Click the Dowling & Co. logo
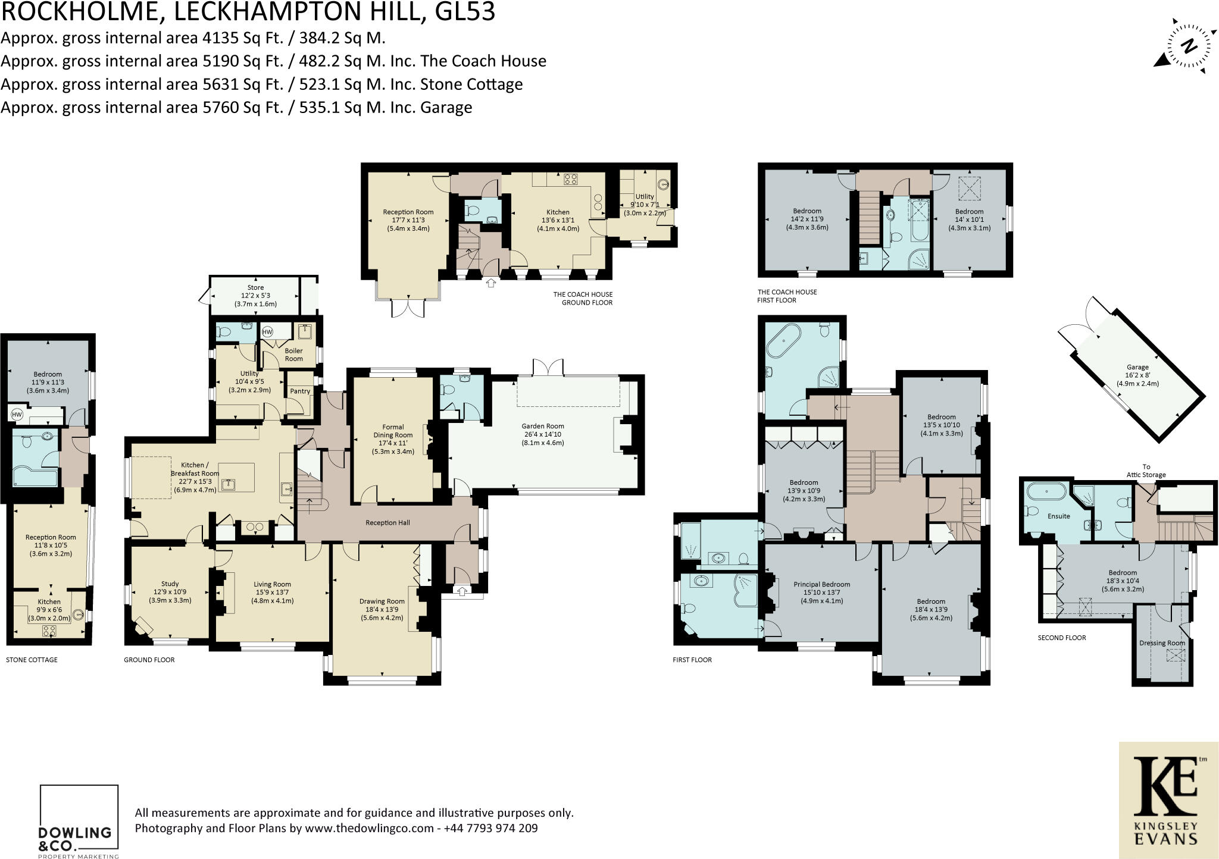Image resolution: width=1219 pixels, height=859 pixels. pos(78,822)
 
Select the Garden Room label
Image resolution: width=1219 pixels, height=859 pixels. pos(542,426)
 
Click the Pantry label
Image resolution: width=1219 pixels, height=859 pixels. pos(300,391)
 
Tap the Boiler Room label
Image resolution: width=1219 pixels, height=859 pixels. pos(293,355)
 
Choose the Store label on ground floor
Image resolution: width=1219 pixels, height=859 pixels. pos(255,288)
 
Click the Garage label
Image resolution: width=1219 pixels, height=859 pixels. pos(1137,367)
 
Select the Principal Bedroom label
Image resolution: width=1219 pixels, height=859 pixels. pos(821,584)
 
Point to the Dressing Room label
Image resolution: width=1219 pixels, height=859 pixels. pos(1162,643)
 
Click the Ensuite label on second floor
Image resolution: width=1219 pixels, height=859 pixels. pos(1058,516)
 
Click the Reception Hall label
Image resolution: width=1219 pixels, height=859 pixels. pos(387,522)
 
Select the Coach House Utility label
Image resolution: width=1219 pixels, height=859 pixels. pos(644,196)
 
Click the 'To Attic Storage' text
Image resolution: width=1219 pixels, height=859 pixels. pos(1146,471)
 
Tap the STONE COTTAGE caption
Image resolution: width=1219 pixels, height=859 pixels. pos(32,660)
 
